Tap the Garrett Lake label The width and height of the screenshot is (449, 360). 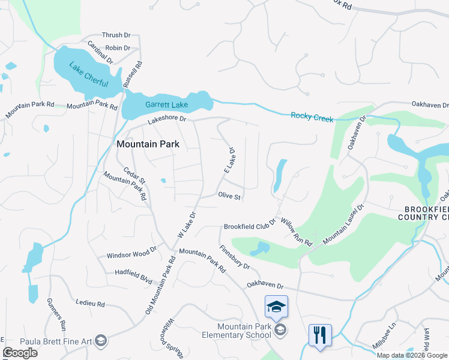pyautogui.click(x=166, y=105)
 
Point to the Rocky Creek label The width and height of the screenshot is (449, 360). pyautogui.click(x=312, y=117)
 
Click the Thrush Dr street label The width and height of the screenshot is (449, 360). pyautogui.click(x=116, y=36)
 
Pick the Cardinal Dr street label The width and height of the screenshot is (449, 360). pyautogui.click(x=100, y=53)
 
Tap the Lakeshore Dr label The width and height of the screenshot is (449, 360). pyautogui.click(x=167, y=119)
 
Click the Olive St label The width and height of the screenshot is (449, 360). pyautogui.click(x=229, y=196)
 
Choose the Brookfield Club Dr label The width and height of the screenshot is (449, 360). pyautogui.click(x=249, y=227)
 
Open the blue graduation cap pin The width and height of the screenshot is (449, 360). pyautogui.click(x=276, y=307)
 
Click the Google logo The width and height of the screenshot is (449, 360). pyautogui.click(x=20, y=353)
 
